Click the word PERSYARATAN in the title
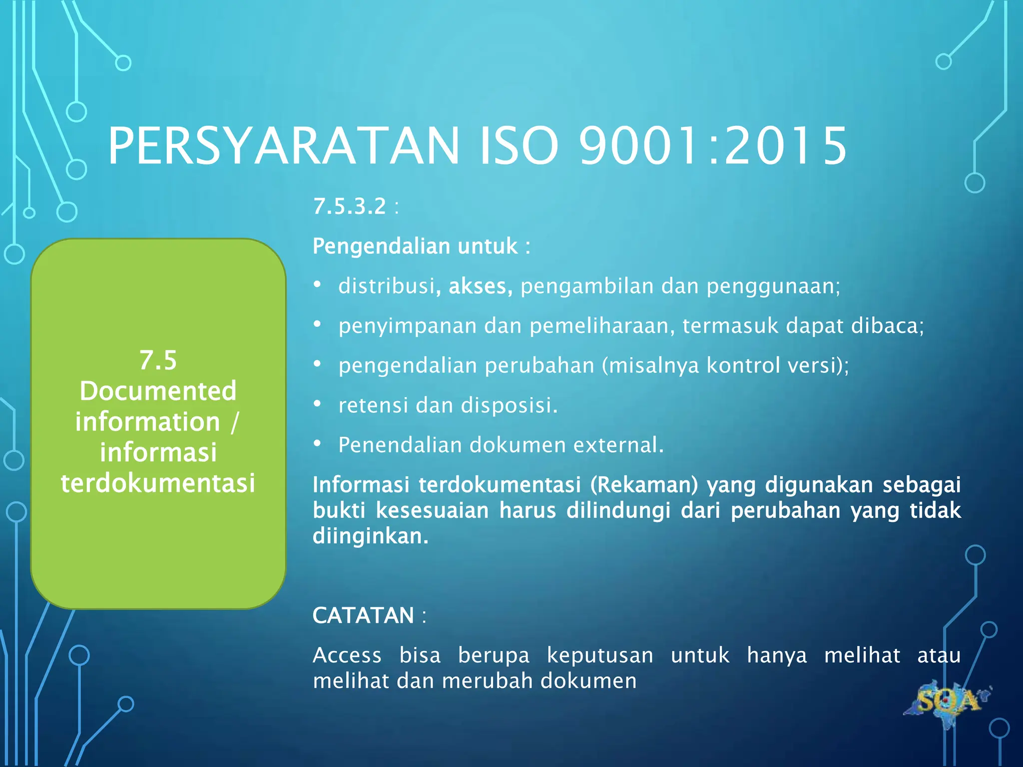point(283,146)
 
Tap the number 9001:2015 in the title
point(713,146)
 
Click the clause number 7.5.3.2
point(350,206)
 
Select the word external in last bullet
point(617,445)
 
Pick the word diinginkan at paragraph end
point(370,536)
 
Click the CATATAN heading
point(363,615)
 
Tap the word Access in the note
point(347,655)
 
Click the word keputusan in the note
point(600,655)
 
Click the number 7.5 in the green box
point(158,360)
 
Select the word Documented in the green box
point(158,391)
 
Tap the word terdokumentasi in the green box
point(158,483)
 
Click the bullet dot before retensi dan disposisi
point(317,403)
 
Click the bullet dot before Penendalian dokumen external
point(317,443)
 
